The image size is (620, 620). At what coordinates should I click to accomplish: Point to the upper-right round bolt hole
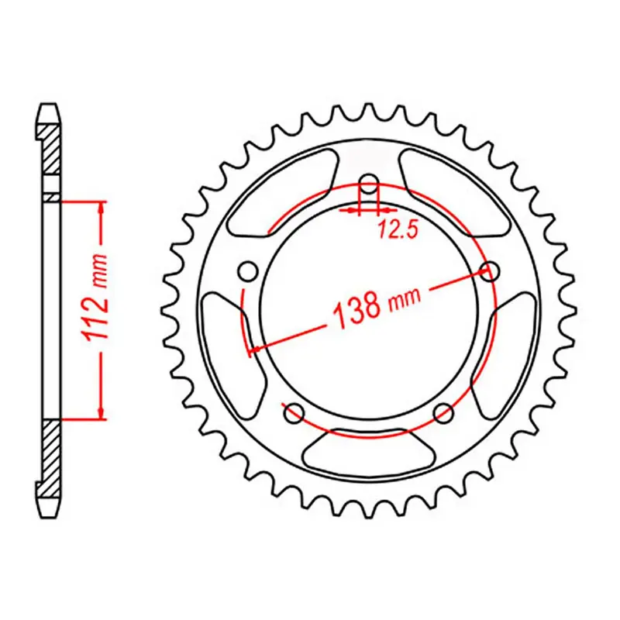coord(489,271)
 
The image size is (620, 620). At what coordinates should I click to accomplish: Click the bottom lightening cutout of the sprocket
coord(369,453)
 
